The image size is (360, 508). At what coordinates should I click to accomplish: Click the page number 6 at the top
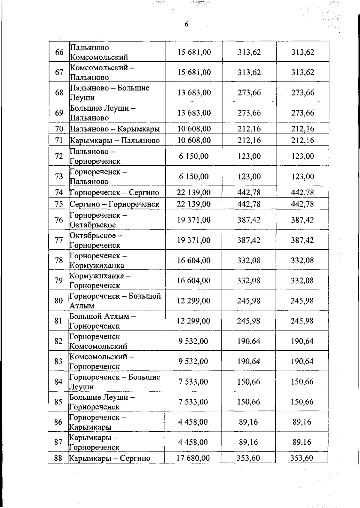186,24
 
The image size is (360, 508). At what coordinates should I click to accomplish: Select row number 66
59,52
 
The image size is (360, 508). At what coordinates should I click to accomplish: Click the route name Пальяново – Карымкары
115,129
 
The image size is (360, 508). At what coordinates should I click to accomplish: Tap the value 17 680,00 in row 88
193,458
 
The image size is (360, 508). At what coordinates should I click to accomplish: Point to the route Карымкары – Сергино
109,458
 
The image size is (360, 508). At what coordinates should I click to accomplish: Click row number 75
59,204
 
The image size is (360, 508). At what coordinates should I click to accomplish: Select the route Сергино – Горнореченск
114,204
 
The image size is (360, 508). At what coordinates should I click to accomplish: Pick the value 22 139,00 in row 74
193,192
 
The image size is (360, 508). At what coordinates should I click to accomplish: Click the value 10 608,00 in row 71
194,140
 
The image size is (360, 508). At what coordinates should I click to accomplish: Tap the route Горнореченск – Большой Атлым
115,301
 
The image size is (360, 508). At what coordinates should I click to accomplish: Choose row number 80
58,301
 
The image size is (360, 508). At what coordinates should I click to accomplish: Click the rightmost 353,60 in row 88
301,458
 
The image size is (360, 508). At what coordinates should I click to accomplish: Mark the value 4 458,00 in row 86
193,422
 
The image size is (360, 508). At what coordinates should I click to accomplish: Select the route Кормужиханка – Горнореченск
100,281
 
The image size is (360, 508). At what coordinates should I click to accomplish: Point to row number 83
58,361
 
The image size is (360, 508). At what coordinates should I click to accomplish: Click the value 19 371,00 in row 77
194,240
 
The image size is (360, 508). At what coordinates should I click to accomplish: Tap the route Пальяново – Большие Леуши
109,93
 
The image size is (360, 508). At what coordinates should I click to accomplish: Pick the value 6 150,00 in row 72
194,156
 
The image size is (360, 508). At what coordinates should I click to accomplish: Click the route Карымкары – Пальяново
115,140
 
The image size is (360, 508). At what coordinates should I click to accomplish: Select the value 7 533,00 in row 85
193,402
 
